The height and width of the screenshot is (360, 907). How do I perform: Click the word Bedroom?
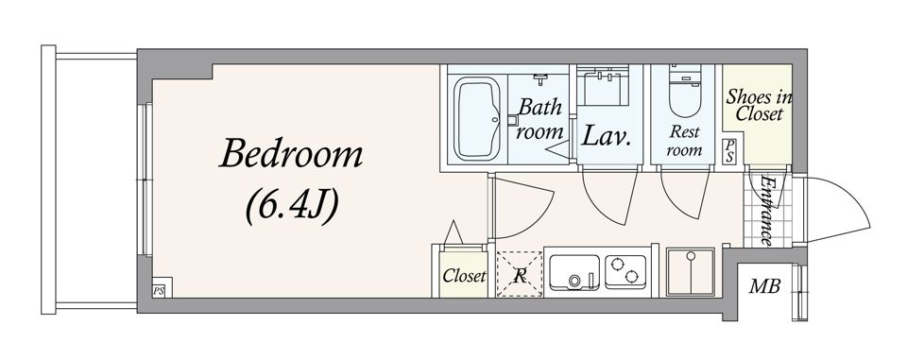[291, 154]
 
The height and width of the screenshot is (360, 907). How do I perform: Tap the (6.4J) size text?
[292, 205]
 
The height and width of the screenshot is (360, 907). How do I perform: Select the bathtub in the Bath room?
[477, 119]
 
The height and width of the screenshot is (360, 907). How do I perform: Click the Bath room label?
[539, 119]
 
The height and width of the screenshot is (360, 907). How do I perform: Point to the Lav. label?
[605, 136]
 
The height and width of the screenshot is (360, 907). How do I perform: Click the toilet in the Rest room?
[686, 91]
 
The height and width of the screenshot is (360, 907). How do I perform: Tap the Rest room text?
[685, 141]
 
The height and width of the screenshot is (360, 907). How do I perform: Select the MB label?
[764, 286]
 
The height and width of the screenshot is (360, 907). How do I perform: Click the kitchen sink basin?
[574, 272]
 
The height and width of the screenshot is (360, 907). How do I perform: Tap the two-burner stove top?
[625, 272]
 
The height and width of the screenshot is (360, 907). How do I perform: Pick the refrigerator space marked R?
[520, 274]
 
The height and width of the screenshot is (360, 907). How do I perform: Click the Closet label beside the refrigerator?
[464, 276]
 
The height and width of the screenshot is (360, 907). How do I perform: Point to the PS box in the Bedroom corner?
[159, 290]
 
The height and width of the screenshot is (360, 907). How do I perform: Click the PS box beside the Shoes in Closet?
[728, 152]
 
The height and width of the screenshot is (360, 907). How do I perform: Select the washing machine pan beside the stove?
[690, 272]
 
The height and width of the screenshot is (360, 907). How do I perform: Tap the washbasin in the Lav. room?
[605, 87]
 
